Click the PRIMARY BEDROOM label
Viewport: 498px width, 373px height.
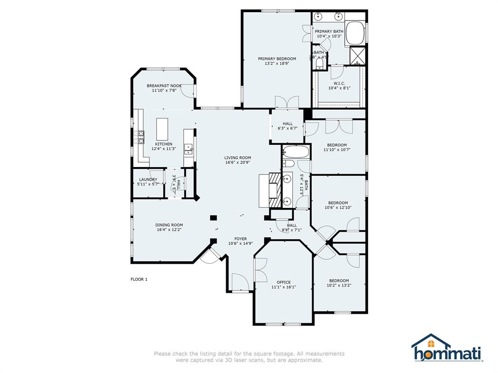(x=277, y=59)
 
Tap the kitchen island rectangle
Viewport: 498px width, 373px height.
(x=162, y=129)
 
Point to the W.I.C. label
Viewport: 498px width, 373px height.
(x=339, y=83)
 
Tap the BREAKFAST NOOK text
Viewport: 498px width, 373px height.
(x=164, y=86)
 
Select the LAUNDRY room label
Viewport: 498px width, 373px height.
(x=148, y=180)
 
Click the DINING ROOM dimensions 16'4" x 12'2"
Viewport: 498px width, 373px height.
(x=169, y=230)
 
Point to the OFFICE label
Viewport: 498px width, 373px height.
(x=284, y=282)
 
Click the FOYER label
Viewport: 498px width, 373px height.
(x=240, y=239)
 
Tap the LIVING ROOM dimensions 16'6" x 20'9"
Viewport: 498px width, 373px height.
(x=237, y=163)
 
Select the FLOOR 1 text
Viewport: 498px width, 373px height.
(x=139, y=279)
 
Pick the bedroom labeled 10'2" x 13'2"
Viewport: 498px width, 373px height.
(x=338, y=283)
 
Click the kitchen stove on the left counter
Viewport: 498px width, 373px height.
(x=141, y=137)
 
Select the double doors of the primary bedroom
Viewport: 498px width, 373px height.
(x=286, y=102)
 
